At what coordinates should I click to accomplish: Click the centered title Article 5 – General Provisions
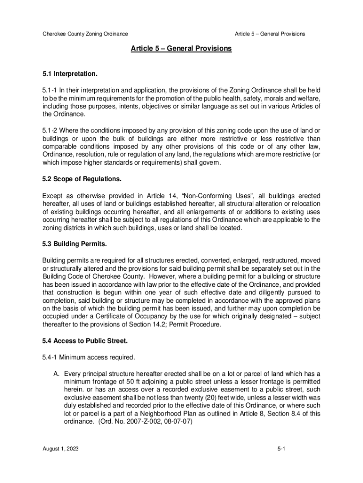181,49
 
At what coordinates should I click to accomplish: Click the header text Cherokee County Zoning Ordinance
85,34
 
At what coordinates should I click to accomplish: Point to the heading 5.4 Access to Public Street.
85,340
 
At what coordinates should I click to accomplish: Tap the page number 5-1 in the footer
282,450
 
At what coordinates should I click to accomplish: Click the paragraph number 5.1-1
50,90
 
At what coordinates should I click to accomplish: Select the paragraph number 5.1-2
50,130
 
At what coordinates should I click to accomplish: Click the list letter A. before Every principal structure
56,373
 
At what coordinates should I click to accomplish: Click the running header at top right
270,34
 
